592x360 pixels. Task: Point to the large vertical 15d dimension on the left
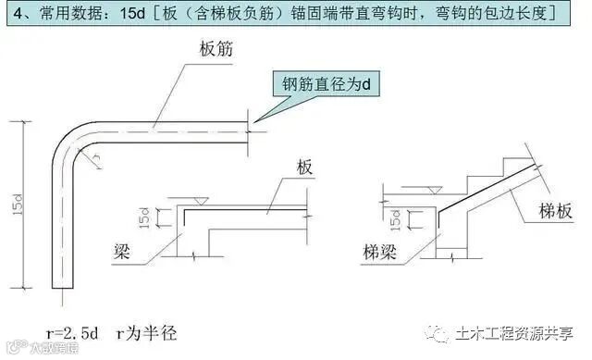click(x=20, y=208)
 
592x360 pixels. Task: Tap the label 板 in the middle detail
click(x=305, y=169)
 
